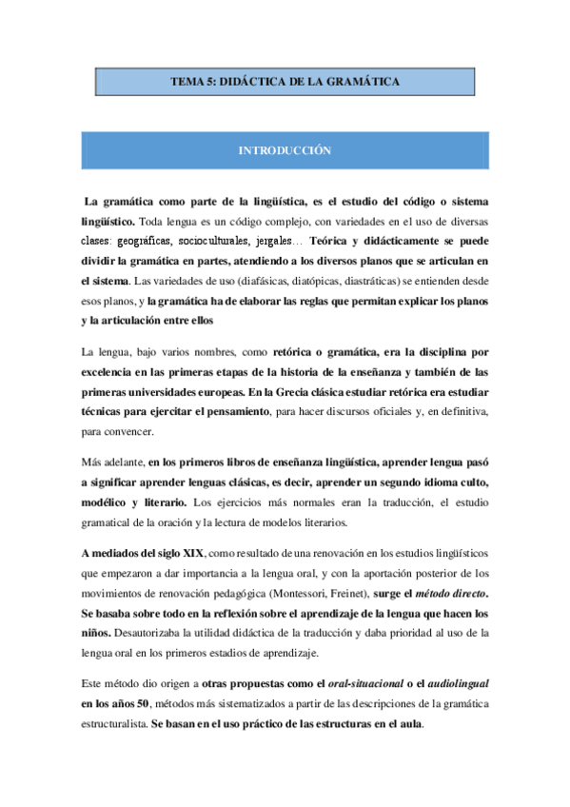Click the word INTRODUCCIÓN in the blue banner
[285, 150]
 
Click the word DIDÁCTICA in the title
[250, 83]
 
